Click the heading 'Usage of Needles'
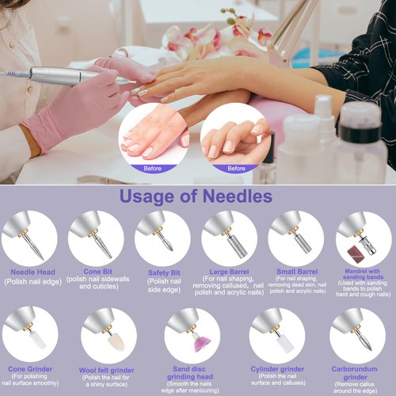point(195,196)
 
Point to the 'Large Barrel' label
point(228,271)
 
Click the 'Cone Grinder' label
point(31,368)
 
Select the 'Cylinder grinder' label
point(276,368)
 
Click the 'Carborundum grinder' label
point(356,368)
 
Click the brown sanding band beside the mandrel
point(353,253)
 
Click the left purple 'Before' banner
point(152,168)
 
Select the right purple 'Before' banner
point(236,168)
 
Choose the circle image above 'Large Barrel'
point(228,238)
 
